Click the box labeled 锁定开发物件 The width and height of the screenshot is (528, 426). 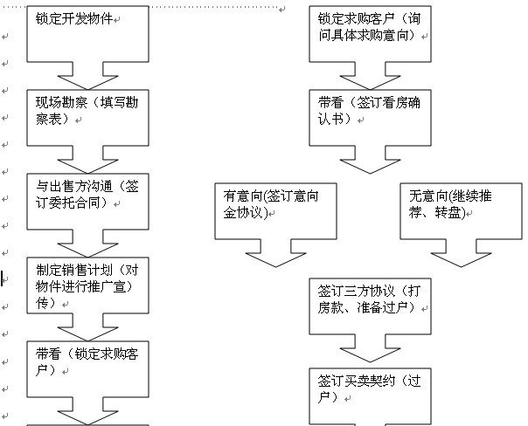pos(87,35)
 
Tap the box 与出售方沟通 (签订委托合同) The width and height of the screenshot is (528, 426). pos(87,199)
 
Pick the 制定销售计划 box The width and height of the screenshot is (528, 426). pos(87,284)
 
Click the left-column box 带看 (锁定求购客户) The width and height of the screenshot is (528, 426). pos(87,367)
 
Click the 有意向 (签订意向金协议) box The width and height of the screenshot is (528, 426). pos(276,210)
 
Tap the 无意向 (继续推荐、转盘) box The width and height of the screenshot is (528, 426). pos(461,210)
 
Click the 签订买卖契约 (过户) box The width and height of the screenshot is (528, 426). pos(371,395)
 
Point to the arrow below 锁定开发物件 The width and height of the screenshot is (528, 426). pos(87,76)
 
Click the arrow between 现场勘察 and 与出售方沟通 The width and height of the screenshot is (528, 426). pos(87,159)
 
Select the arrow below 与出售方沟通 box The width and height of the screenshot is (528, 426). pos(87,242)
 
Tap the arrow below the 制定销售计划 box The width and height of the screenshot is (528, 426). pos(87,326)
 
